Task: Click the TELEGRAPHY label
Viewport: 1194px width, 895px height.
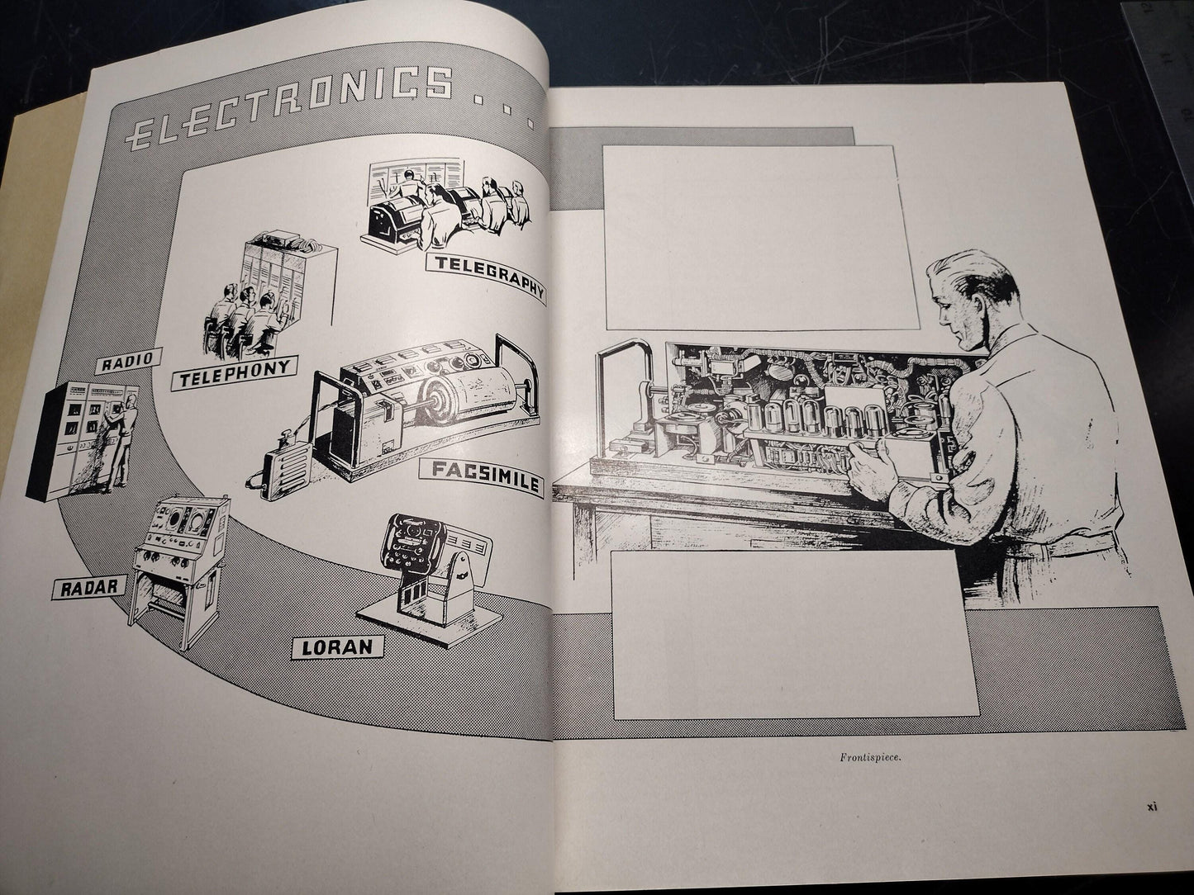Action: [485, 277]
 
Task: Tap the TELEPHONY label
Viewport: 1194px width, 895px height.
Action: [235, 373]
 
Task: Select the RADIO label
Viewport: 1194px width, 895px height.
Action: [128, 361]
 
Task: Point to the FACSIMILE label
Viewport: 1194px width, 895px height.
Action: [482, 476]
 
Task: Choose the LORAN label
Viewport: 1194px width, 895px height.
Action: [337, 646]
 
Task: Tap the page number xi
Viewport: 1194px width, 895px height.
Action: [1152, 822]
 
